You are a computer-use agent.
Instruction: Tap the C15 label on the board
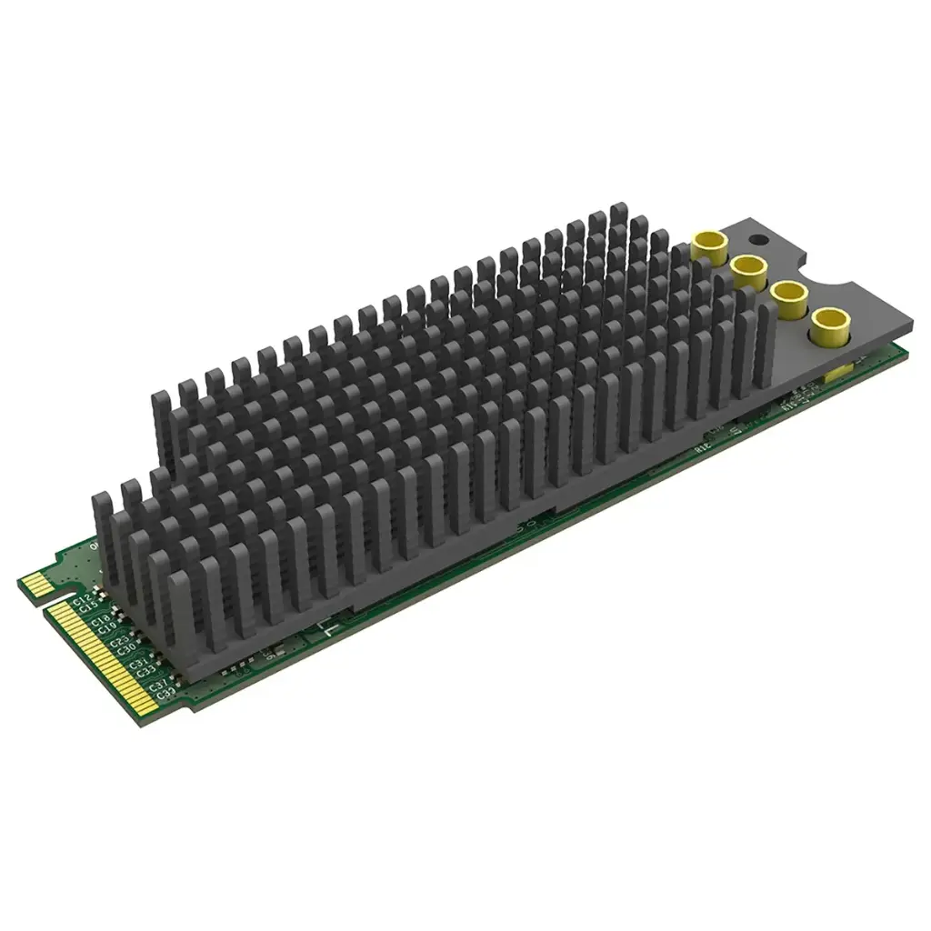88,608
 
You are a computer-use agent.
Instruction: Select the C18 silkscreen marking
101,621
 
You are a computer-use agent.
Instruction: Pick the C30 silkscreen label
126,649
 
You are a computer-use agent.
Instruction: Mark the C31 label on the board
139,664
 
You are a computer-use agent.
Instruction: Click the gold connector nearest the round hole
708,245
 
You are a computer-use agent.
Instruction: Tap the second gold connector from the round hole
748,270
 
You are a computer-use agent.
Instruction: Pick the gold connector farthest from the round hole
830,323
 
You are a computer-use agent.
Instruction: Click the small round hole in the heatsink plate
757,240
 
